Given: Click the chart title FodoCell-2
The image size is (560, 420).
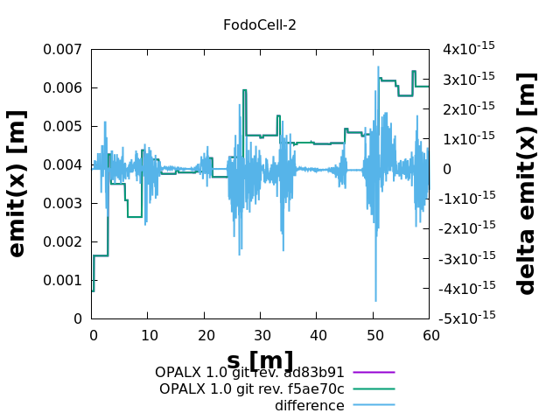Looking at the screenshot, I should [260, 24].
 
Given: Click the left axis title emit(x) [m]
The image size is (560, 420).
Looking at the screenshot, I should [17, 184].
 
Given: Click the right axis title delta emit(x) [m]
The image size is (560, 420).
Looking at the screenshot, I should [527, 184].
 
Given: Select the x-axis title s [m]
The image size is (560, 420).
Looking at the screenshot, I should [260, 360].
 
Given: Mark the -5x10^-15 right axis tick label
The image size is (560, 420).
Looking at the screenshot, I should [469, 318].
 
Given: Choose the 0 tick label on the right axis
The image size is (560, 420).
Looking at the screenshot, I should [447, 169].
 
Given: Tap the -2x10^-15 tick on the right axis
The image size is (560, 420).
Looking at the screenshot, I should [469, 228].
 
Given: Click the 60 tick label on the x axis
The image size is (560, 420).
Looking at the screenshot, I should [429, 335].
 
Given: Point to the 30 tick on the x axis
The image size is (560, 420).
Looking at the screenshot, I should [261, 335].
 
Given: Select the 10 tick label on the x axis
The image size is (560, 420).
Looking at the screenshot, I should [149, 335].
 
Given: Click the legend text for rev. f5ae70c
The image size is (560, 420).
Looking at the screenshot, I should [252, 388].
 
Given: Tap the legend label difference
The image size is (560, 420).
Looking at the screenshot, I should [310, 405].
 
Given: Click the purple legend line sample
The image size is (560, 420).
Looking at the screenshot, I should [374, 373].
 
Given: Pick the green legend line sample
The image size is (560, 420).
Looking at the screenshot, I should [374, 388].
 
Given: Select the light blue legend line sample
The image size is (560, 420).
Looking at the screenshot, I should [374, 405].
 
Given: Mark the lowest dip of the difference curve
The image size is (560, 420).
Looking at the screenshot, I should [376, 301].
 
